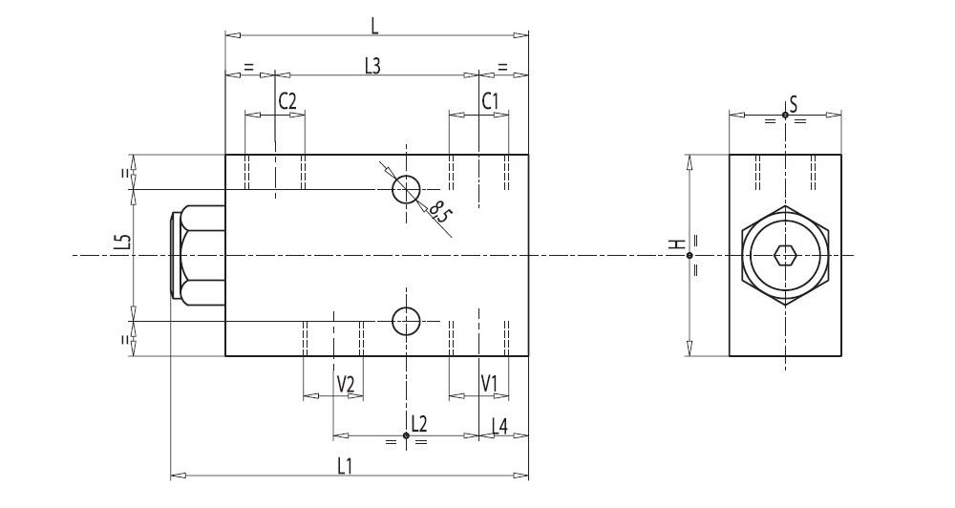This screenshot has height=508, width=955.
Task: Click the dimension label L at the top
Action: coord(375,22)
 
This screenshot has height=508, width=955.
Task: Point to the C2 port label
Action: coord(287,100)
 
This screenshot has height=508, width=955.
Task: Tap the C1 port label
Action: coord(489,100)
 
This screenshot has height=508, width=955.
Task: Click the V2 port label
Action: coord(346,384)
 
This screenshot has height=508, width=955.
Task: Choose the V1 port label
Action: coord(489,384)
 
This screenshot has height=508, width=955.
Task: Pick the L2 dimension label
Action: coord(417,423)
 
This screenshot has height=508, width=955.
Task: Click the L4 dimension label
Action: coord(499,424)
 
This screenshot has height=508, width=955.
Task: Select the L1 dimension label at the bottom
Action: coord(345,465)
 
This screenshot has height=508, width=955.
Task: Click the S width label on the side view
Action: coord(793,102)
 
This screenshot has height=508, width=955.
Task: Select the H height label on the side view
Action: coord(677,245)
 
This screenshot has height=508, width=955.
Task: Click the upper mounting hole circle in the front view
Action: coord(406,189)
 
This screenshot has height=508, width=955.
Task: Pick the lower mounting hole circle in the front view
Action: coord(406,323)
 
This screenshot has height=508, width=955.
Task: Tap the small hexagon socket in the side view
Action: coord(784,255)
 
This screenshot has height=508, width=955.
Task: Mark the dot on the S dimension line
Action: coord(784,115)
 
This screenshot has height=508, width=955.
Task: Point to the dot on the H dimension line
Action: coord(690,255)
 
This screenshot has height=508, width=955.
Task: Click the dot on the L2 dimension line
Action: coord(407,436)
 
